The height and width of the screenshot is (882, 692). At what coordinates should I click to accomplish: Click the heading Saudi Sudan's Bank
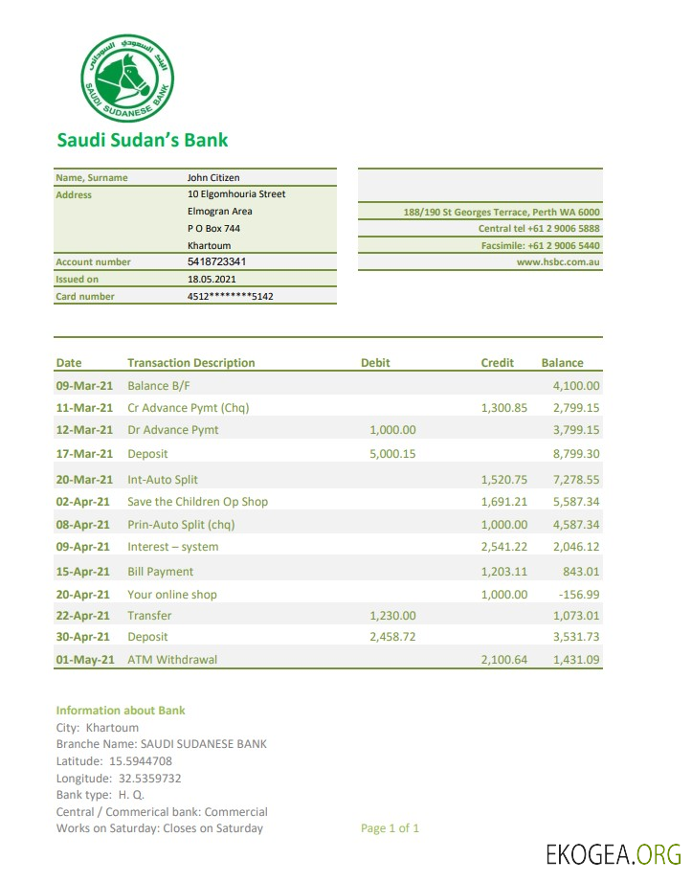click(x=142, y=141)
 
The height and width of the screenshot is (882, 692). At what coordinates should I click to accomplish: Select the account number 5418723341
click(x=216, y=261)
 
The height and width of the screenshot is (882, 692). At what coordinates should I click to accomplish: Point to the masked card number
click(x=230, y=297)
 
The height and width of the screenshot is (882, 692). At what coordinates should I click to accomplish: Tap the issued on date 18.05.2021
click(x=211, y=280)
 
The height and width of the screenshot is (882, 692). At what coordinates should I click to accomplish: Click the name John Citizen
click(x=213, y=177)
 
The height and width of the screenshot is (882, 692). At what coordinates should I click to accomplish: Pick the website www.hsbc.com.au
click(x=558, y=261)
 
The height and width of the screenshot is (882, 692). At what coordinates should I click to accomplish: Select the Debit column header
click(x=375, y=363)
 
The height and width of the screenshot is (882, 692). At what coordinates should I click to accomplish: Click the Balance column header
click(x=562, y=363)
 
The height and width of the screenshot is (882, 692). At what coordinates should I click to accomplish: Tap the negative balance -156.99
click(x=576, y=595)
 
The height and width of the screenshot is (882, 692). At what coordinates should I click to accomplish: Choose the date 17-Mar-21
click(x=84, y=454)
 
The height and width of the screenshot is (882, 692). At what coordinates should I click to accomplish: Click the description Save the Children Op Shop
click(x=197, y=502)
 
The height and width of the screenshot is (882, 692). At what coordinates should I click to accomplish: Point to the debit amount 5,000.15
click(x=392, y=454)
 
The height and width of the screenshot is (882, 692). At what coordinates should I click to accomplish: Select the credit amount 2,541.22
click(x=503, y=547)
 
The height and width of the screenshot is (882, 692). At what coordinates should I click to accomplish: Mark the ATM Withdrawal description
click(x=172, y=660)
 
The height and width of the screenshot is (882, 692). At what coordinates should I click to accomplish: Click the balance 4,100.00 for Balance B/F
click(x=576, y=386)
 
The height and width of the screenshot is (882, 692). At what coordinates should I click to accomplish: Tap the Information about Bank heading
click(x=121, y=711)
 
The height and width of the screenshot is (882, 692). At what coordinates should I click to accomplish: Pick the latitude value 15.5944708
click(x=141, y=761)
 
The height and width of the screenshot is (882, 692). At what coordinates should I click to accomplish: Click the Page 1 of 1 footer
click(x=390, y=828)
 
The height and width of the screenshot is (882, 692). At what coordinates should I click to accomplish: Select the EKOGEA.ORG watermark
click(x=613, y=854)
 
